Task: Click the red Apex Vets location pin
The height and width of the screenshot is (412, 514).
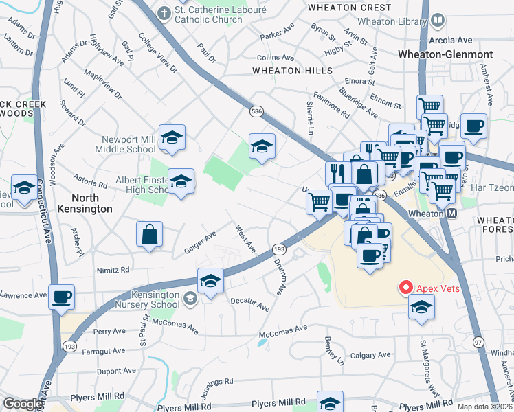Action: (405, 288)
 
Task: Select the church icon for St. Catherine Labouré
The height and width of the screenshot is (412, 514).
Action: (164, 12)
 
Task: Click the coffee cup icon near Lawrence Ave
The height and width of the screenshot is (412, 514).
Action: (62, 297)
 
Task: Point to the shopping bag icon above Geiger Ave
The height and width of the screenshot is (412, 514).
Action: (149, 234)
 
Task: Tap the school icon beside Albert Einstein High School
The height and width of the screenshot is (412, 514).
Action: (181, 182)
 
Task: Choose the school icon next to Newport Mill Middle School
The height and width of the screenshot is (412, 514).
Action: (172, 137)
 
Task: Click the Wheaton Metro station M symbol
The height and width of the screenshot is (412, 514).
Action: (452, 214)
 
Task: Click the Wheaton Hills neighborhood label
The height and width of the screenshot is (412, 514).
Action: (292, 71)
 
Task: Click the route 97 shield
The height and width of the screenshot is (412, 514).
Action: (478, 341)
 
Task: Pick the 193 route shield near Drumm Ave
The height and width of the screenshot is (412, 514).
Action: (279, 249)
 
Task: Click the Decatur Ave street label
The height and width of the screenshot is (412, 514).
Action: (249, 304)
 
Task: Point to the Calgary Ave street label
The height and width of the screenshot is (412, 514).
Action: (372, 356)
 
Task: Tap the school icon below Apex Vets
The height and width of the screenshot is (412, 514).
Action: (421, 306)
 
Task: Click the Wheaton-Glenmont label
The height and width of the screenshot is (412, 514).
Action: (454, 54)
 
